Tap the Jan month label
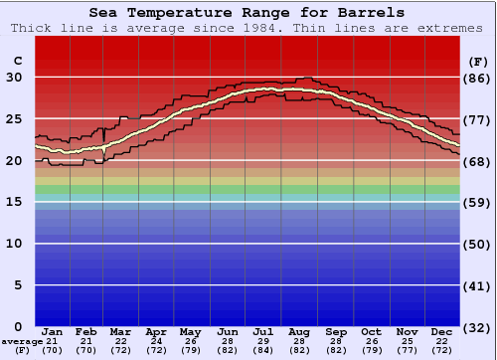[x=54, y=331]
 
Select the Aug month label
[x=300, y=331]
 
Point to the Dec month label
[x=442, y=331]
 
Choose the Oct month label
[x=371, y=331]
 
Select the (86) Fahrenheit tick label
[x=477, y=78]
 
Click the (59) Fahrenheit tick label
[x=477, y=202]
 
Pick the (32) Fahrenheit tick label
[x=477, y=327]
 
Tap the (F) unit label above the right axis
[x=477, y=61]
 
